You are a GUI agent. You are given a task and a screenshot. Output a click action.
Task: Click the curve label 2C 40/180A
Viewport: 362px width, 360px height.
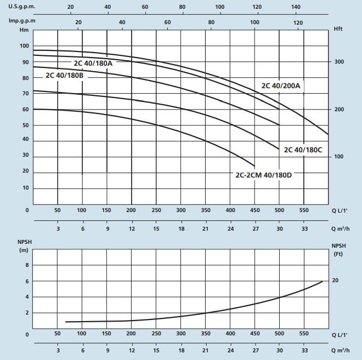(x=93, y=63)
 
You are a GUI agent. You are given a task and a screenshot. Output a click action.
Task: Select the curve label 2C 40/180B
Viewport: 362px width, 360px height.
(x=64, y=75)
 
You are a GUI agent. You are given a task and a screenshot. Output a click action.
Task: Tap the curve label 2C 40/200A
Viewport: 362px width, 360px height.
(x=281, y=85)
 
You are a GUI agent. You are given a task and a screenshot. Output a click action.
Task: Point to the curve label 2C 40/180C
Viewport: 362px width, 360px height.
(x=303, y=149)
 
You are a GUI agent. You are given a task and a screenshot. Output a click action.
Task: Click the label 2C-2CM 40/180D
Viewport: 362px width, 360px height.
(x=264, y=175)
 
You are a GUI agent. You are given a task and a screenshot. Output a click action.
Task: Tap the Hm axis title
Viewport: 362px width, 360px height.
(x=23, y=30)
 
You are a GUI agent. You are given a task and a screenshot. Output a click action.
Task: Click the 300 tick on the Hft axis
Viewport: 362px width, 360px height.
(x=338, y=62)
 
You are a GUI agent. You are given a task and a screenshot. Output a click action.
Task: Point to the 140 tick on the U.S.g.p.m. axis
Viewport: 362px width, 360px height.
(x=296, y=7)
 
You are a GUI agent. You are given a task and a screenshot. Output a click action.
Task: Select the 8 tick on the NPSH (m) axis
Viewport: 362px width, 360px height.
(x=26, y=265)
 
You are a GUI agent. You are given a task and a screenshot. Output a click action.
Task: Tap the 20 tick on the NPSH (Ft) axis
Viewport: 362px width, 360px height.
(x=335, y=281)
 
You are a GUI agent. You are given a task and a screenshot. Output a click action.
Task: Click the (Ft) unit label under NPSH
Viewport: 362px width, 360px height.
(x=338, y=255)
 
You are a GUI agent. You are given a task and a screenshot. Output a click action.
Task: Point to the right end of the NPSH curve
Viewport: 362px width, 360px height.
(x=322, y=281)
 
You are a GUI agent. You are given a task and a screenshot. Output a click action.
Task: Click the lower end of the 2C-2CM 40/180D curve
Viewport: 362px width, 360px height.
(x=254, y=166)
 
